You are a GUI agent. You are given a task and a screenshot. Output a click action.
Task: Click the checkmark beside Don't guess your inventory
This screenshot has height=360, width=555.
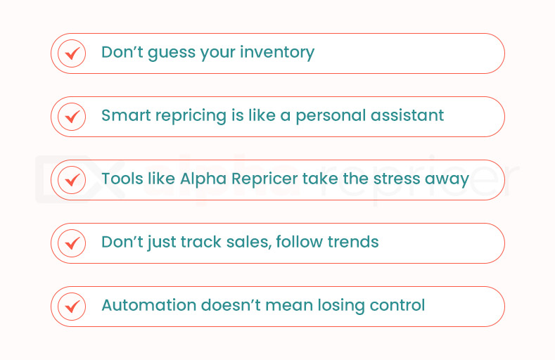[72, 53]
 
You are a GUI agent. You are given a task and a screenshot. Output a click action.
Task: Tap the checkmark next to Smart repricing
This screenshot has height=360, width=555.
[72, 117]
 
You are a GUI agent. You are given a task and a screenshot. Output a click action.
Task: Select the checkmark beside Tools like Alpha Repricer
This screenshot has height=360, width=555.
[72, 180]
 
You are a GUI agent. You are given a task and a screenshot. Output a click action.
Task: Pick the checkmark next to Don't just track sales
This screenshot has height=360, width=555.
[72, 243]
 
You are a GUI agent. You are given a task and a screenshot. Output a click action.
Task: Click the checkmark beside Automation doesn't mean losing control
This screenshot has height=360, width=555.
[72, 307]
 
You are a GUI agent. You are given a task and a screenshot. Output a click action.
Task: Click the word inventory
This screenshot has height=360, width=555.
[277, 53]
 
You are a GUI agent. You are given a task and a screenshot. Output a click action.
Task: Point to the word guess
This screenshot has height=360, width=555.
[172, 53]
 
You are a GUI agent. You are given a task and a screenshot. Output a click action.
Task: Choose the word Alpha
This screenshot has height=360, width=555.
[203, 179]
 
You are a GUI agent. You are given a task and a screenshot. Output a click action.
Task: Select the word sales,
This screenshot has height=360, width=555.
[249, 243]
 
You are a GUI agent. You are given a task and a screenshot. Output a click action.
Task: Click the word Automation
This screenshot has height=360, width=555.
[148, 305]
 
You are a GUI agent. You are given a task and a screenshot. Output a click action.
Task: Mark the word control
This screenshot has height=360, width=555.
[397, 305]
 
